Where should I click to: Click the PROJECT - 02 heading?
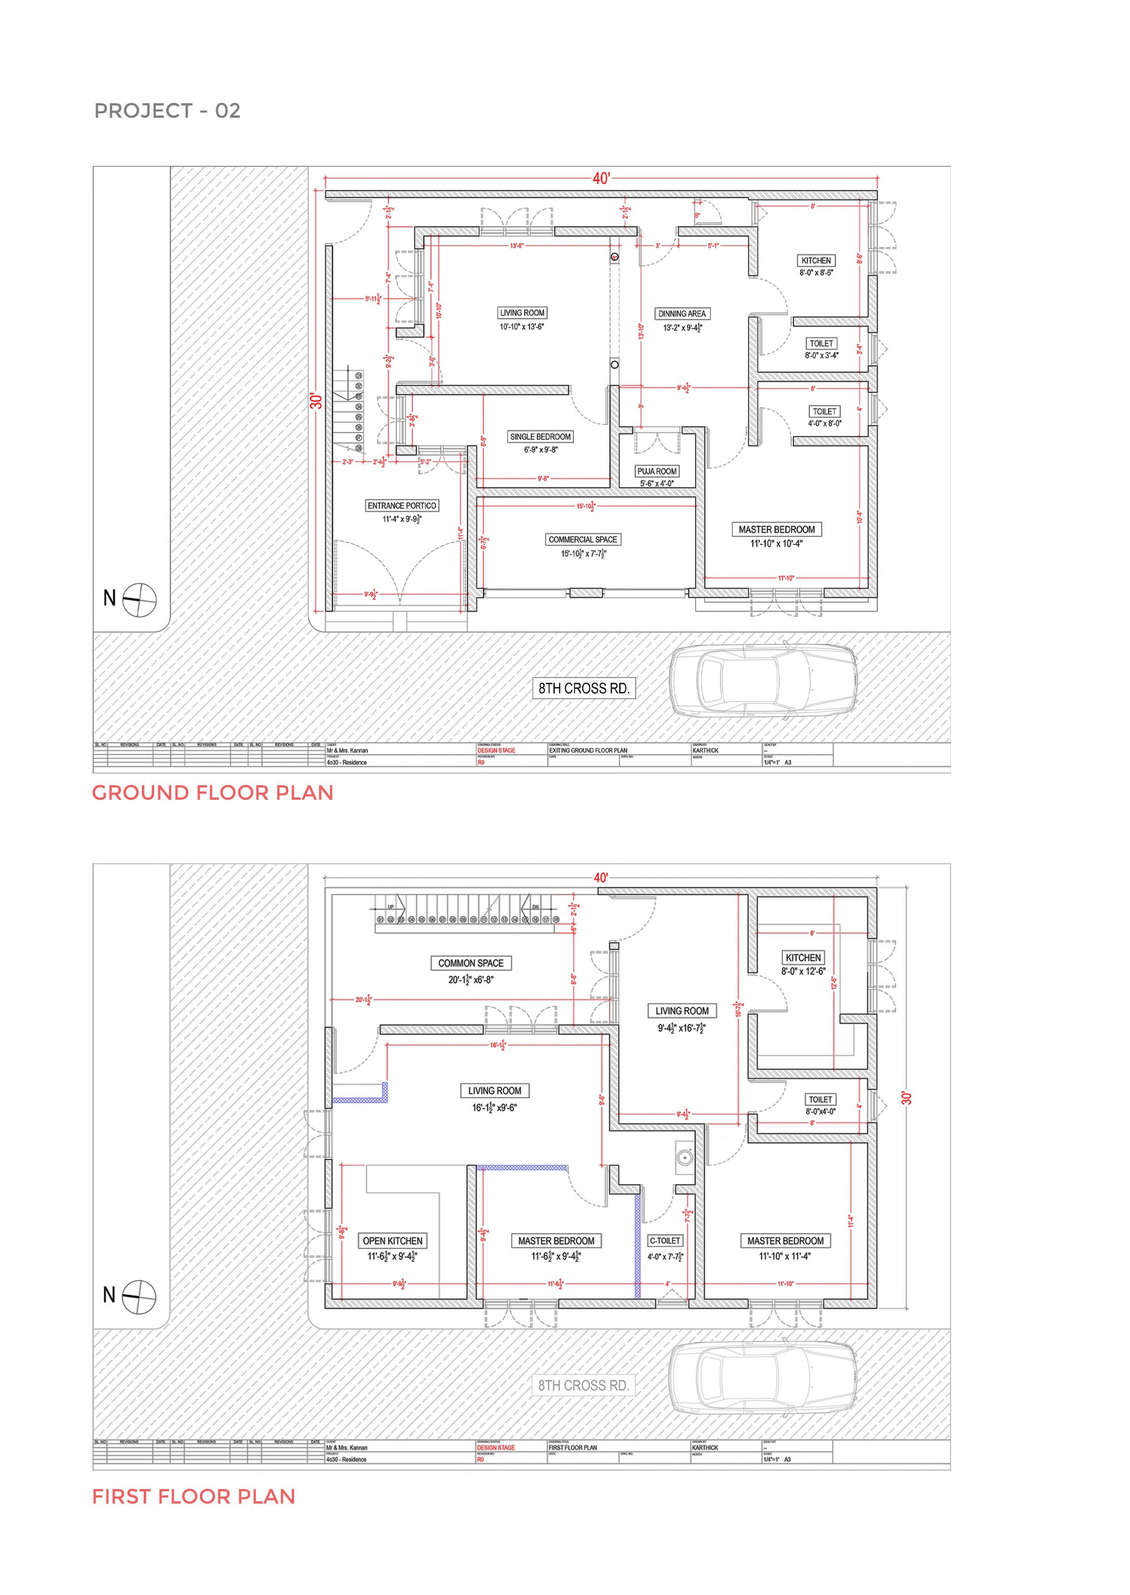tap(167, 110)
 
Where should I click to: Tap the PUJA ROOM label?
tap(657, 471)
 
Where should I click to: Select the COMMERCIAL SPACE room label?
tap(583, 539)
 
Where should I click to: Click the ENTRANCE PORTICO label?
tap(402, 506)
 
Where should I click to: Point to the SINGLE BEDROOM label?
tap(541, 437)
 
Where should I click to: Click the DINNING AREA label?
tap(682, 314)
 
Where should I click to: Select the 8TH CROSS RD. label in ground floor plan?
tap(584, 689)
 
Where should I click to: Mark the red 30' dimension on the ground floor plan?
tap(316, 401)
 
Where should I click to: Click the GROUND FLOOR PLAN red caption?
tap(213, 792)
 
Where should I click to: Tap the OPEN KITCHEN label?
tap(392, 1240)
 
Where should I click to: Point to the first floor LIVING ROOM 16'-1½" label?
tap(495, 1091)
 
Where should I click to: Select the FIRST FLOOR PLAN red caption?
tap(193, 1496)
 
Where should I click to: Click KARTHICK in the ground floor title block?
tap(705, 751)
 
